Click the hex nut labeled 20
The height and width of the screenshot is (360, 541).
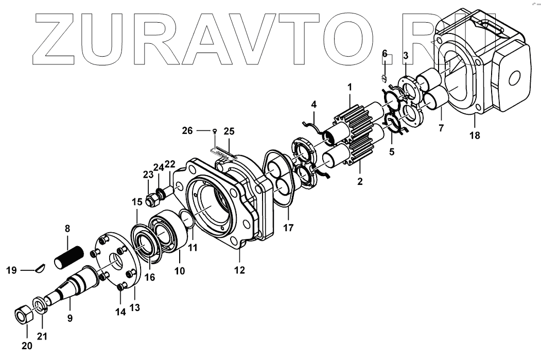pyautogui.click(x=23, y=315)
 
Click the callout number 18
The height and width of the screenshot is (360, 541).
pyautogui.click(x=474, y=135)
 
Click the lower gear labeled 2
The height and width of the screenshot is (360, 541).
pyautogui.click(x=356, y=150)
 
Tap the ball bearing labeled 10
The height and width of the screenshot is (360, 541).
pyautogui.click(x=165, y=234)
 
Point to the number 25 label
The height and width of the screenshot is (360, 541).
pyautogui.click(x=229, y=131)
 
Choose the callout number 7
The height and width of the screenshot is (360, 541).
pyautogui.click(x=441, y=128)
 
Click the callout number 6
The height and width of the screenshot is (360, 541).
pyautogui.click(x=385, y=54)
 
